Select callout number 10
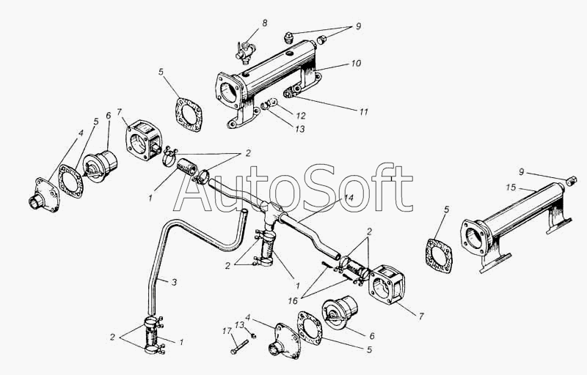click(355, 64)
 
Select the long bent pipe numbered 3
click(158, 249)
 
